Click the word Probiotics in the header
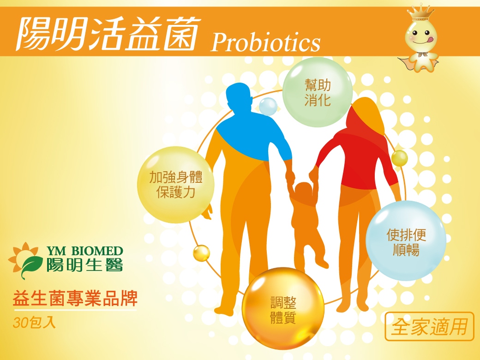(x=265, y=42)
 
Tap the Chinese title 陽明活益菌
(x=108, y=34)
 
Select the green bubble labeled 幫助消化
(x=318, y=92)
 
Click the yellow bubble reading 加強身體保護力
(x=176, y=185)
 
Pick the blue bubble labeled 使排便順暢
(x=406, y=240)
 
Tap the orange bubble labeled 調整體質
(x=283, y=309)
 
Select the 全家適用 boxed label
(x=430, y=326)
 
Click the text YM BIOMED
(x=85, y=252)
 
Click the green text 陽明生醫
(x=85, y=265)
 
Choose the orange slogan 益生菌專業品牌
(x=75, y=299)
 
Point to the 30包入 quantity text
(x=34, y=323)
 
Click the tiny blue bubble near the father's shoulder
(x=268, y=107)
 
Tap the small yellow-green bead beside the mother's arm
(x=400, y=158)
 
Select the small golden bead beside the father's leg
(x=201, y=253)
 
